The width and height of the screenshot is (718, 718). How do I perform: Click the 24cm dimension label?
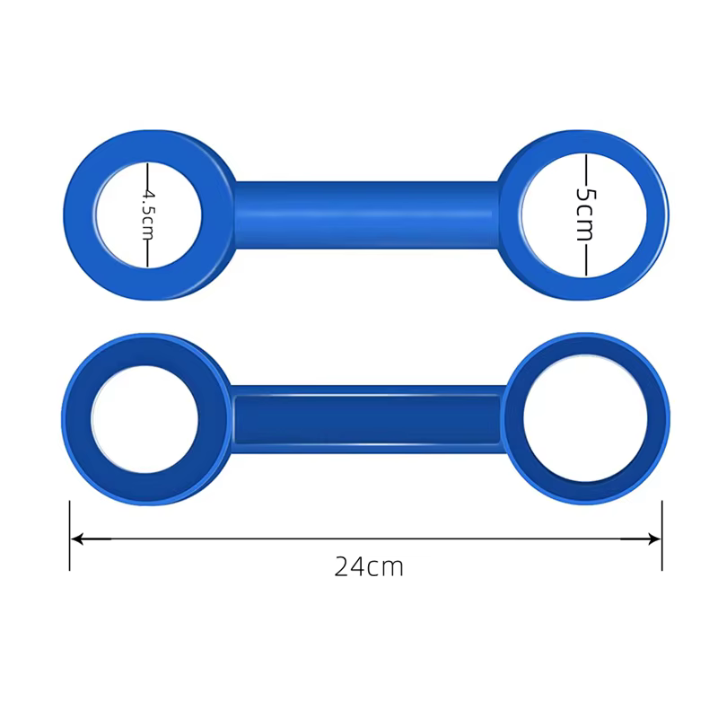(369, 567)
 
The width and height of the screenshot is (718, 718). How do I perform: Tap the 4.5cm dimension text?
(148, 215)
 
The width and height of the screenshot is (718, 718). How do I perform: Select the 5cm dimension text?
(586, 214)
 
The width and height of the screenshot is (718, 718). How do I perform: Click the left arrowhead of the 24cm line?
(77, 539)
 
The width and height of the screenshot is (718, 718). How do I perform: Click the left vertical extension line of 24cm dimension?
(70, 536)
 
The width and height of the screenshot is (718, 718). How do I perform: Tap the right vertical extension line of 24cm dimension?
(662, 536)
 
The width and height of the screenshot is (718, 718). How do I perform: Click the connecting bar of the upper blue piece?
(366, 215)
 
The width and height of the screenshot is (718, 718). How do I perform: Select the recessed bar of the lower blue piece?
(367, 419)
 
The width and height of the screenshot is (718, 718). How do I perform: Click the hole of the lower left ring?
(144, 419)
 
